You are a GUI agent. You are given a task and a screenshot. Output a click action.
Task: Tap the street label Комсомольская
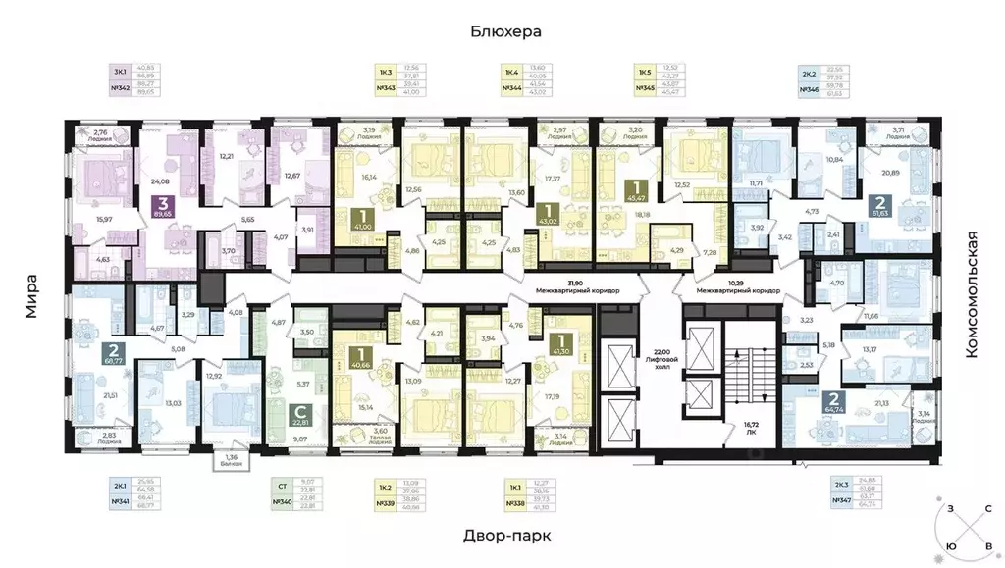click(x=973, y=293)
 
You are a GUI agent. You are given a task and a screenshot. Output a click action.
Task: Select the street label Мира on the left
click(x=33, y=296)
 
